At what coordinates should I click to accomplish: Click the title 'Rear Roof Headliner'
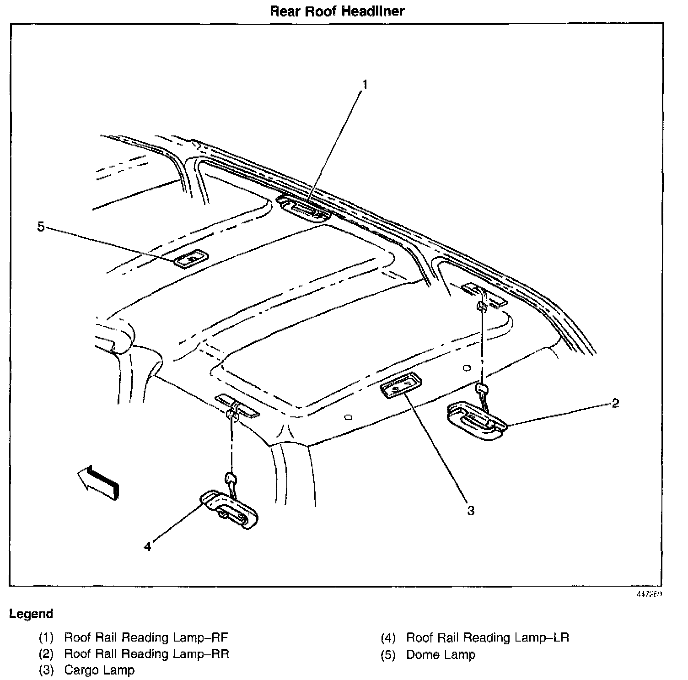[337, 11]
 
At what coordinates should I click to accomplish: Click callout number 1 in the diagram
[365, 85]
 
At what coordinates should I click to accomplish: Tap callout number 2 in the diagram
[615, 403]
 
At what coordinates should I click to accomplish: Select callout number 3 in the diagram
[471, 511]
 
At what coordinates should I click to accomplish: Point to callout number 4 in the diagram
[147, 546]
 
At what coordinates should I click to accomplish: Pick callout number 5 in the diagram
[41, 227]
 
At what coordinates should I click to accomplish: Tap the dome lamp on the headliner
[190, 259]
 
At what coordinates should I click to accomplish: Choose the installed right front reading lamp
[304, 209]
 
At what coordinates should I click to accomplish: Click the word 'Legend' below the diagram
[31, 614]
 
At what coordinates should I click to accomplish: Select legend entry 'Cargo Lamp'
[99, 670]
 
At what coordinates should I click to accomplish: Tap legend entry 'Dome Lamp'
[441, 654]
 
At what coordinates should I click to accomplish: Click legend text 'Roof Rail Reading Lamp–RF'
[146, 637]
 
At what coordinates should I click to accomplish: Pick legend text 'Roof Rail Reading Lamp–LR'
[488, 637]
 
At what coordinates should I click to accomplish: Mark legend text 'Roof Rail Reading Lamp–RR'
[146, 654]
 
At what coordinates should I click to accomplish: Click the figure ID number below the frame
[650, 594]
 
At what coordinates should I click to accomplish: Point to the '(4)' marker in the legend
[387, 638]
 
